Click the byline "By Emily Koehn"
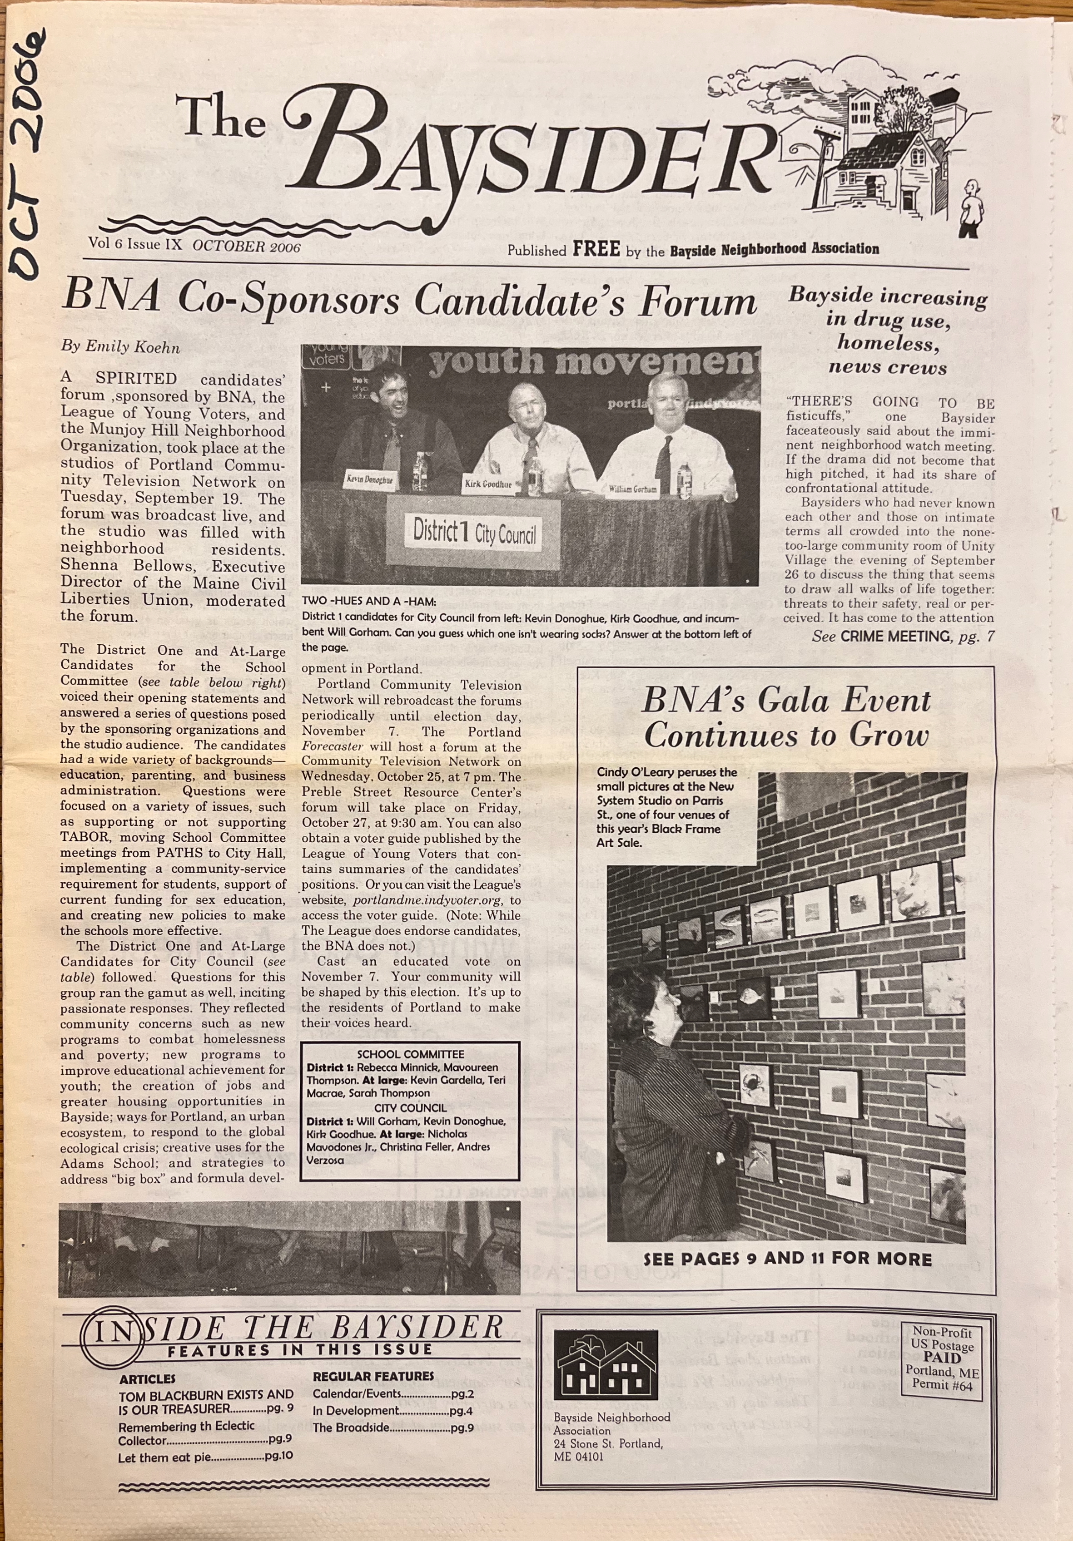(121, 346)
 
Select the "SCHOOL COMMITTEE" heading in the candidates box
(410, 1054)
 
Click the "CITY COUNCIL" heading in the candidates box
(410, 1108)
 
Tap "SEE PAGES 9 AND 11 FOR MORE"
(787, 1259)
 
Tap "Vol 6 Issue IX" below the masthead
(135, 244)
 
